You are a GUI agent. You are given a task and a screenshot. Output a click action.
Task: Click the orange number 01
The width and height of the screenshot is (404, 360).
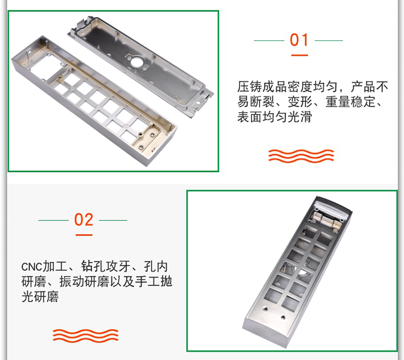point(299,40)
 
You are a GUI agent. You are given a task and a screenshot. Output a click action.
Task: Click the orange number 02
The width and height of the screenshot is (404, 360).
point(83,220)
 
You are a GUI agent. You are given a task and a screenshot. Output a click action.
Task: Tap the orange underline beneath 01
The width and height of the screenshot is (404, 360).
point(299,54)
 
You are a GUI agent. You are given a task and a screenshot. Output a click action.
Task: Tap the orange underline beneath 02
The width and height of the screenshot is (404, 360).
point(83,234)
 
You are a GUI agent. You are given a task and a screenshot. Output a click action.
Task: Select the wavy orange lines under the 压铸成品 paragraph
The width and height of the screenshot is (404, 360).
point(302,156)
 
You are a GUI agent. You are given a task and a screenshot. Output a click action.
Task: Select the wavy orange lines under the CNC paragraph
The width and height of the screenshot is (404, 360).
point(85,335)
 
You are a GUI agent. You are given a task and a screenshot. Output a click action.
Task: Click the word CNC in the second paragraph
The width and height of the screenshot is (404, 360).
point(32,266)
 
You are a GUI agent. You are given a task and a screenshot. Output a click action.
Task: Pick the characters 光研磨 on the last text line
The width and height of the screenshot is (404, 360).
point(40,296)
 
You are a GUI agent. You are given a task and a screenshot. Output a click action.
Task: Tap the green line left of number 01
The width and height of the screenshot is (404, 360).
point(269,40)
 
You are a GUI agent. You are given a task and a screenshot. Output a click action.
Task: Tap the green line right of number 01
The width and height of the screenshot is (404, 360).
point(329,40)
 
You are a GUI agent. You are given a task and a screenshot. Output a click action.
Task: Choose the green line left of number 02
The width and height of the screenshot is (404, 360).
point(53,220)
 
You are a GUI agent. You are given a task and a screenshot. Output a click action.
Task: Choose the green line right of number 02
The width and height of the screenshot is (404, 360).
point(113,220)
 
